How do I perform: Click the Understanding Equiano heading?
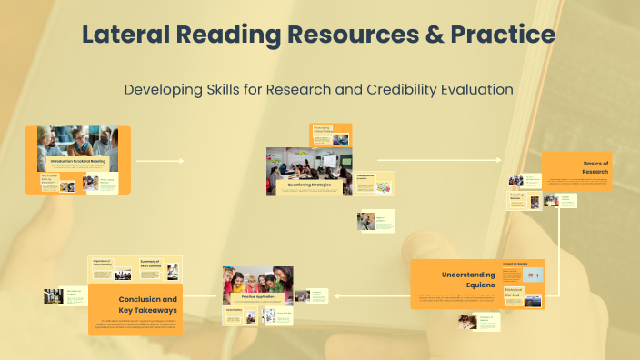tap(468, 279)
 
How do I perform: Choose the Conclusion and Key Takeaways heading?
tap(147, 304)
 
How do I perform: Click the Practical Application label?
tap(257, 297)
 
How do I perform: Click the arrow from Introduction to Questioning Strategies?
tap(159, 161)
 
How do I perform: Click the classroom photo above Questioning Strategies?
tap(306, 163)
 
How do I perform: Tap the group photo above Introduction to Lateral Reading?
tap(78, 141)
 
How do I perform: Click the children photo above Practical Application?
tap(257, 278)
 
